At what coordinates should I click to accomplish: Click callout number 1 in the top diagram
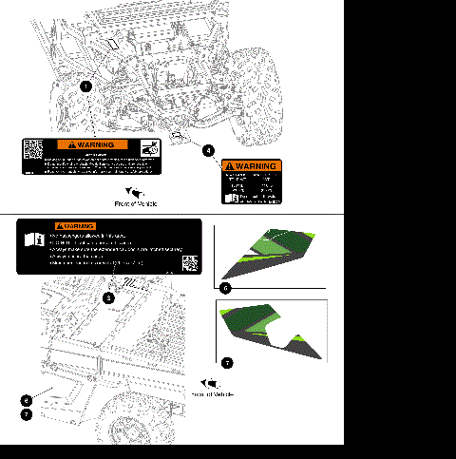(x=86, y=86)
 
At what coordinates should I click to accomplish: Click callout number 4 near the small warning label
(x=208, y=149)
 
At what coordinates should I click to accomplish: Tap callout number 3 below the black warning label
(x=109, y=297)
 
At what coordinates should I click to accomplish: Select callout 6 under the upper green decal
(x=225, y=287)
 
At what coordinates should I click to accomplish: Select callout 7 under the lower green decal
(x=226, y=362)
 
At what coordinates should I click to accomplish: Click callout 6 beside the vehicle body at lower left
(x=27, y=400)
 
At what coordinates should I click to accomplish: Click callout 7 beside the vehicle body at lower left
(x=27, y=414)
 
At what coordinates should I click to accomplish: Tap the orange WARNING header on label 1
(x=92, y=144)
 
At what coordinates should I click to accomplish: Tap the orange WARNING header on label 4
(x=252, y=165)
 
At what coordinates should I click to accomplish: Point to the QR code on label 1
(x=34, y=150)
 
